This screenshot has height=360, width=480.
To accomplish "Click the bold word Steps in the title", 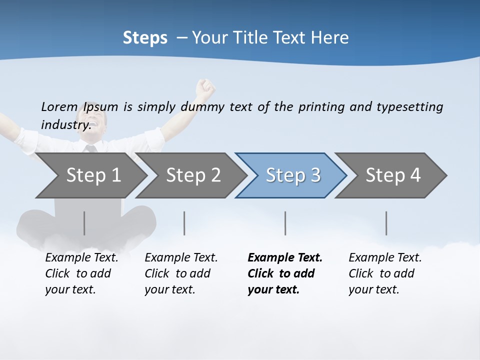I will (145, 38).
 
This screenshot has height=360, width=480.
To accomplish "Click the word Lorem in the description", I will (59, 106).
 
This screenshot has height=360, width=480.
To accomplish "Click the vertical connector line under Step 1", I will (84, 223).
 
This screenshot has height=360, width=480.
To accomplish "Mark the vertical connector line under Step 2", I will (184, 223).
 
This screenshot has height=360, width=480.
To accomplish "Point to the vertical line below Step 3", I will (285, 223).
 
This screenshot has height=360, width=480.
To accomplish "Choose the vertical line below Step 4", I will (386, 223).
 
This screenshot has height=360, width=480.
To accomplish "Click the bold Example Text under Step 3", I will (285, 257).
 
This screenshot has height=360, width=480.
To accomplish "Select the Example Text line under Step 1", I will (81, 257).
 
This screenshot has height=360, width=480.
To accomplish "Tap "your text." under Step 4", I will (373, 289).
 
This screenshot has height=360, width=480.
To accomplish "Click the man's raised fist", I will (205, 88).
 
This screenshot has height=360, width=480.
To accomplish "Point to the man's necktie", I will (90, 148).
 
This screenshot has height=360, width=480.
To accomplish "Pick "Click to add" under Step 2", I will (177, 273).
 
